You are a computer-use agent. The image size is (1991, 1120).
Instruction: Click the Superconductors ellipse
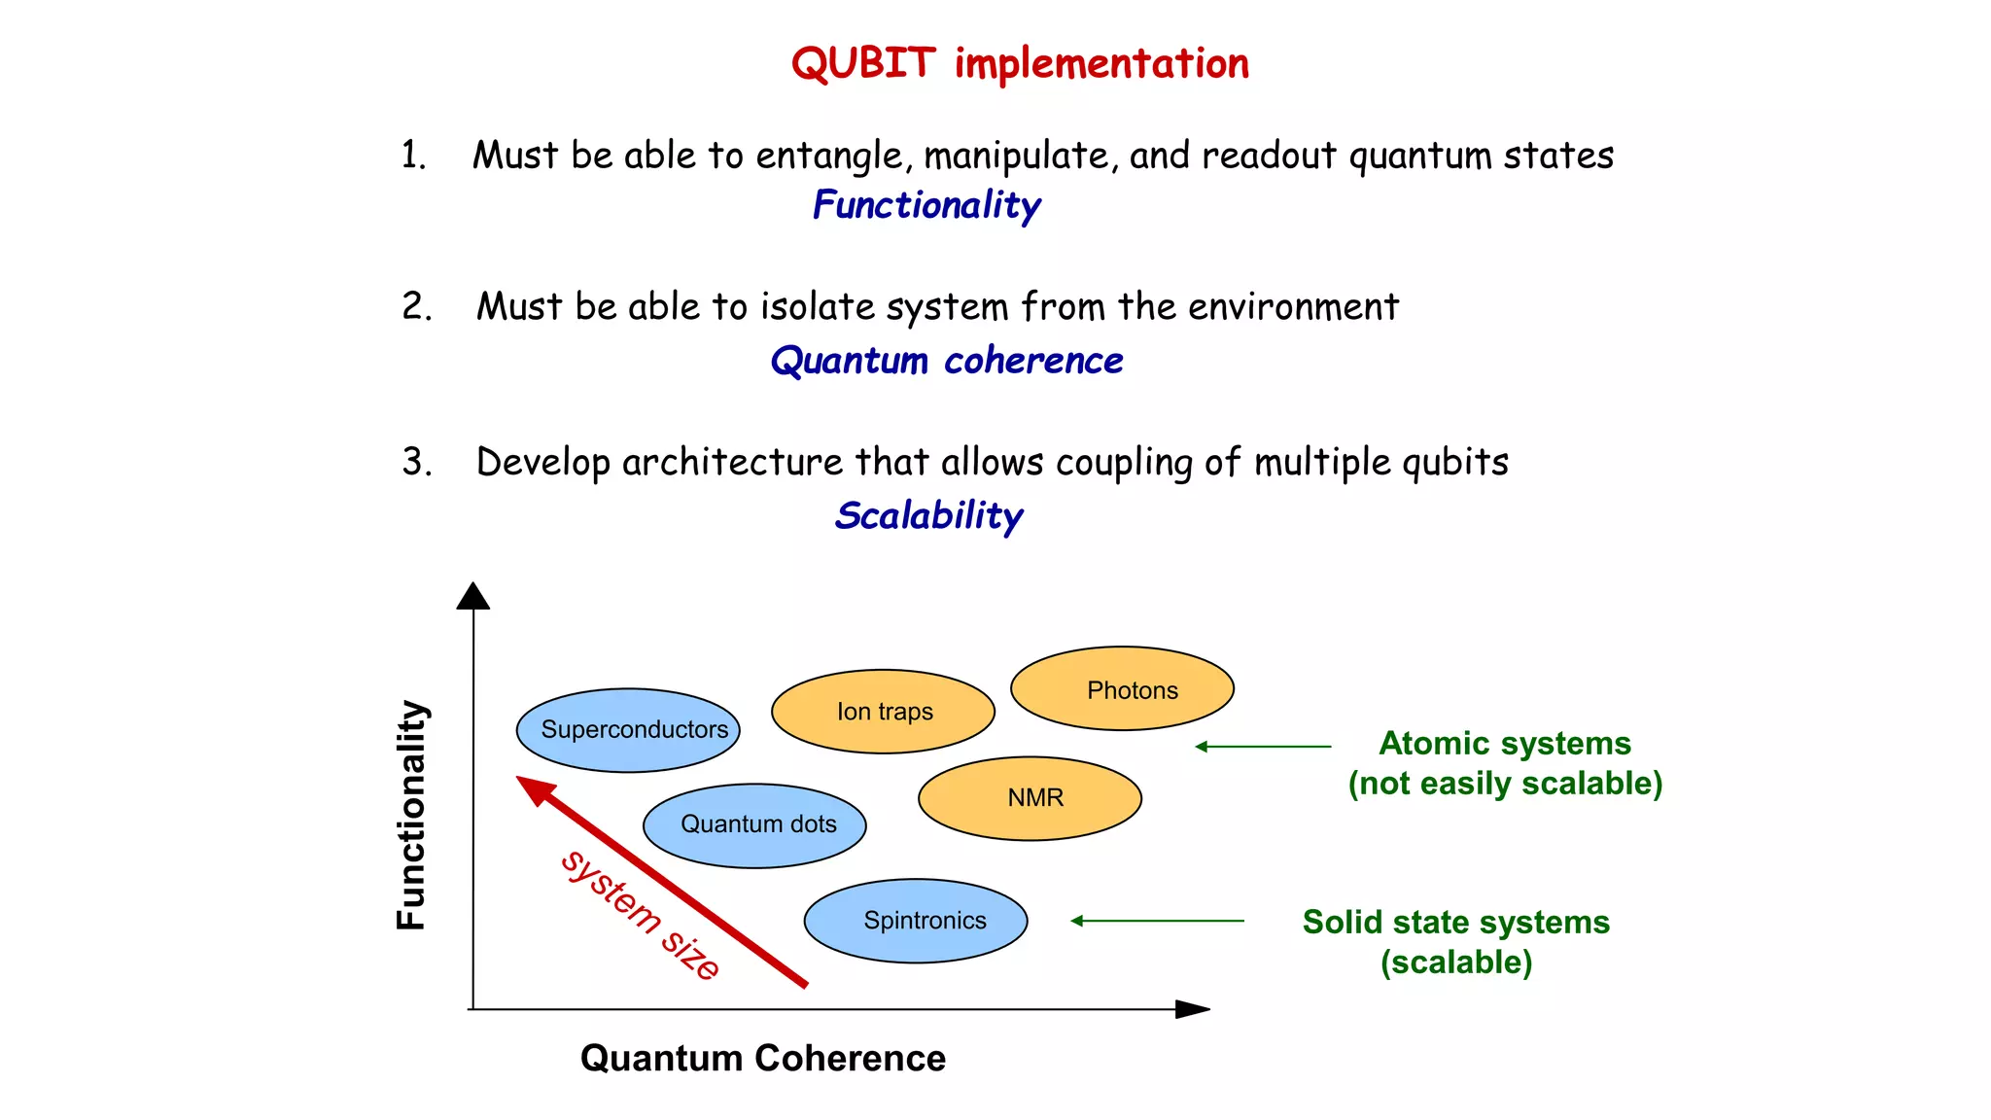628,730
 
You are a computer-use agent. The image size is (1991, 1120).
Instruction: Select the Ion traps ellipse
883,712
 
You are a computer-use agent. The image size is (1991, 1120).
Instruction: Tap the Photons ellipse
1122,688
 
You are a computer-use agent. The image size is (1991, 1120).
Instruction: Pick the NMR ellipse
1030,798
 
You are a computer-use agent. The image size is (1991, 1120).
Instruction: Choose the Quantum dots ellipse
754,825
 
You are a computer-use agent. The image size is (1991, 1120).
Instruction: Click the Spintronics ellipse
916,921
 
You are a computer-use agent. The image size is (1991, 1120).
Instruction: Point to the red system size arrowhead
534,788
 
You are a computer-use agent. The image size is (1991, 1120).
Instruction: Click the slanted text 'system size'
641,915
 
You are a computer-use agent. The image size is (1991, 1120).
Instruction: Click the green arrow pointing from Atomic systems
1263,747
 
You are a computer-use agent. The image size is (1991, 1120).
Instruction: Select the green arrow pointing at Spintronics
1157,921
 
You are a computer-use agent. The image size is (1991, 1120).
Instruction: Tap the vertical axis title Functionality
412,815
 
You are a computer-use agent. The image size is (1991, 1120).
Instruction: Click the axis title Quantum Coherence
762,1058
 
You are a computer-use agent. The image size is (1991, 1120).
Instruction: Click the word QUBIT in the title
863,64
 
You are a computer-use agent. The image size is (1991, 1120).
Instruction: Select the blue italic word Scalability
928,515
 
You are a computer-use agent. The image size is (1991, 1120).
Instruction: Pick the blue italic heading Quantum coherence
946,361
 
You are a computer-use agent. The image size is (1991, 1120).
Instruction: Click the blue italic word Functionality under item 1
926,205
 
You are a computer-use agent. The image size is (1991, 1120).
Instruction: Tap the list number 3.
416,462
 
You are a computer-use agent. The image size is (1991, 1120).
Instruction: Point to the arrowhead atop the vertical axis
473,595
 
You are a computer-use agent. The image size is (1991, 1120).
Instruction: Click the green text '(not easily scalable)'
1505,784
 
